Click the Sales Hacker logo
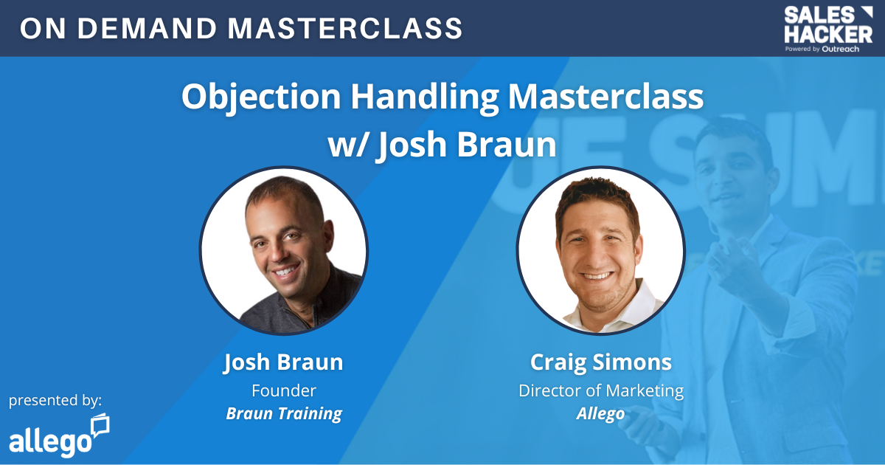click(x=828, y=30)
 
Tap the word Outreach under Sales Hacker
click(x=840, y=49)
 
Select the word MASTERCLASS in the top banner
click(x=345, y=29)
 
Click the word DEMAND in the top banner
click(x=147, y=29)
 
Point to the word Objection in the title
click(x=261, y=97)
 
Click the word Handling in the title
click(x=425, y=97)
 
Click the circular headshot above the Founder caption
click(x=284, y=251)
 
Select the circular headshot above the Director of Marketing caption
click(x=600, y=251)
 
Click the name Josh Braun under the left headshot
click(x=283, y=362)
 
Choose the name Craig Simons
click(x=600, y=362)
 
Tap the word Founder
click(x=284, y=390)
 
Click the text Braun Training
click(x=284, y=413)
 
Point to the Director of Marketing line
click(x=601, y=390)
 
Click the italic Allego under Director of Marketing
click(x=600, y=413)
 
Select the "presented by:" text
click(x=55, y=401)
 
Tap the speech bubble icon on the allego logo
click(x=100, y=425)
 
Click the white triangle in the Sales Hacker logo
click(x=867, y=11)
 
